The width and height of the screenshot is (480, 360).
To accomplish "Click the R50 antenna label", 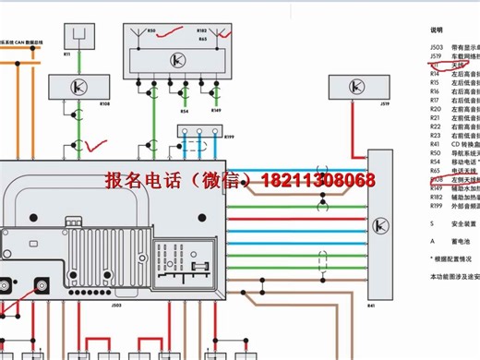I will point(152,30).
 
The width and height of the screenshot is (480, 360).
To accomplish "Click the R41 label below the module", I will point(372,304).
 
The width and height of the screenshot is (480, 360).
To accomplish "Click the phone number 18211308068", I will point(320,180).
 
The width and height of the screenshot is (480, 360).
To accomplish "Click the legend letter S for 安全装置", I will point(431,222).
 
